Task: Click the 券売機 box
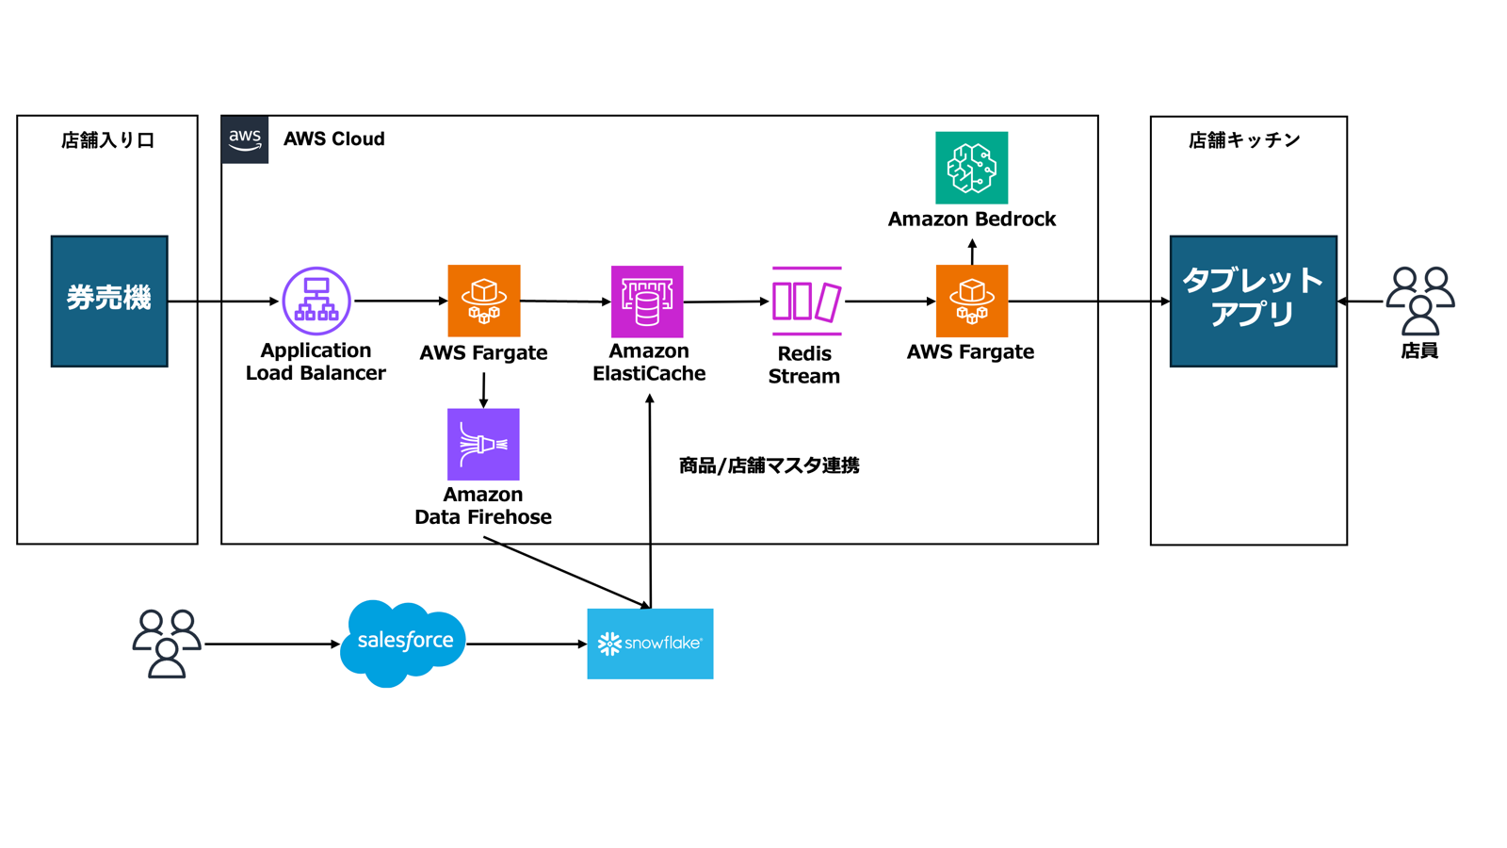coord(109,301)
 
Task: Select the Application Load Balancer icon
coord(316,301)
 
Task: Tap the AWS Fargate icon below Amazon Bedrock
coord(971,301)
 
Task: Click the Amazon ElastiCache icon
coord(647,301)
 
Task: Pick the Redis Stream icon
coord(806,301)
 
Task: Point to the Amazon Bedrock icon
coord(971,168)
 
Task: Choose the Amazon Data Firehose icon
coord(483,444)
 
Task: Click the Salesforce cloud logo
coord(403,643)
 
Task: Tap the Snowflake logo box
coord(650,644)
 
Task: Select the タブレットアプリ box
coord(1253,301)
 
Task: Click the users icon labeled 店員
coord(1419,301)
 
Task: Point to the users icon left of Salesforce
coord(167,644)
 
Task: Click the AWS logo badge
coord(245,139)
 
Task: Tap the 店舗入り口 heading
coord(107,140)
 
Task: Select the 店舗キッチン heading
coord(1244,140)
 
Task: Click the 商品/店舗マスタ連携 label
coord(769,465)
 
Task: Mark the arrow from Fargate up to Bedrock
coord(972,252)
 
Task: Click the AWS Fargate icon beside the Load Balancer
coord(483,301)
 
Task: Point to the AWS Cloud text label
coord(334,139)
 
